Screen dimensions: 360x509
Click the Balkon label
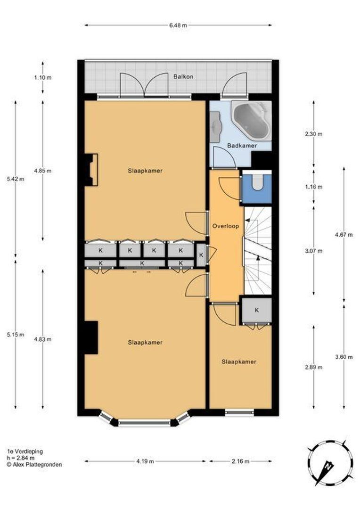click(x=183, y=77)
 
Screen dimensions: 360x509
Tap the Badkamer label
click(x=242, y=146)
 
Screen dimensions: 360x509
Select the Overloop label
click(x=226, y=226)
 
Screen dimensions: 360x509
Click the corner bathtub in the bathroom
click(x=251, y=120)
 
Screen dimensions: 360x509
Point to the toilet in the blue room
click(x=258, y=182)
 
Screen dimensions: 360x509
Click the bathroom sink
click(x=215, y=127)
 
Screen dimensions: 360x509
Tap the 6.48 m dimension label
click(x=178, y=25)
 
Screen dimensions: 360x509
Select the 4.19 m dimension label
click(x=145, y=461)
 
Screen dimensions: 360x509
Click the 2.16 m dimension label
click(x=240, y=461)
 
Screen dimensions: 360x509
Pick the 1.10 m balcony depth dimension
click(x=42, y=78)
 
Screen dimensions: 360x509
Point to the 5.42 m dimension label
click(x=15, y=179)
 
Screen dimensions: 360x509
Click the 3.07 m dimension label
click(x=313, y=251)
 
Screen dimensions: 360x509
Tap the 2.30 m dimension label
click(x=313, y=134)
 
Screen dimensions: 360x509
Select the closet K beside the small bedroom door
click(x=257, y=310)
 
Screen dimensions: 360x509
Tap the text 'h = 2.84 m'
click(x=21, y=458)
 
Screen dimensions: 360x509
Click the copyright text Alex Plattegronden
click(x=34, y=465)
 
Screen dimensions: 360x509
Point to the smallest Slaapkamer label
click(x=239, y=361)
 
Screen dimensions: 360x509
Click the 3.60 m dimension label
click(x=344, y=357)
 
